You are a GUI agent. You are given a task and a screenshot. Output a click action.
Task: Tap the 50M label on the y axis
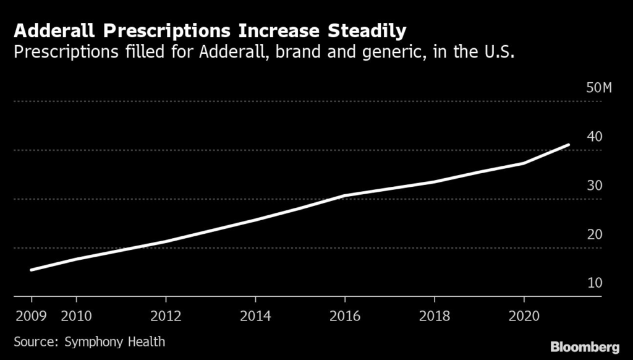tap(598, 87)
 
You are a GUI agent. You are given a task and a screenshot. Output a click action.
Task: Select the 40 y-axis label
tap(594, 136)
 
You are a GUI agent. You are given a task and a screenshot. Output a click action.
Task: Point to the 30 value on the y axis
tap(594, 186)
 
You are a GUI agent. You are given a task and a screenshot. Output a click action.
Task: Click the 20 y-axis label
tap(594, 234)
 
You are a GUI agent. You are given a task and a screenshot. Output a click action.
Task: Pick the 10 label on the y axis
tap(594, 283)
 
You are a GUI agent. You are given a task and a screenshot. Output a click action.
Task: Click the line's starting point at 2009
tap(31, 270)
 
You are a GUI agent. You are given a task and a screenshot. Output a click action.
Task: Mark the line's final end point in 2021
tap(569, 145)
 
